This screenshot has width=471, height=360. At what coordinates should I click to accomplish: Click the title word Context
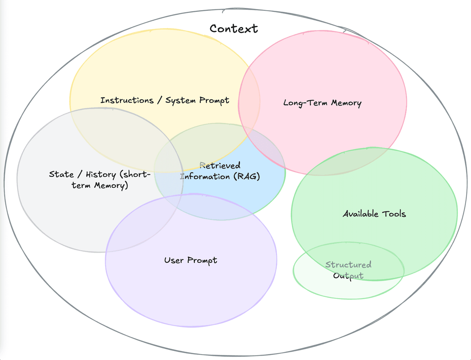coord(234,28)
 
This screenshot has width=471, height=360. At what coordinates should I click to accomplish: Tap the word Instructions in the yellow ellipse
coord(127,100)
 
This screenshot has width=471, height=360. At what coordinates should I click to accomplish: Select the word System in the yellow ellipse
coord(181,100)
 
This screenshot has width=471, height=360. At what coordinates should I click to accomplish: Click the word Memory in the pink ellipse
coord(346,103)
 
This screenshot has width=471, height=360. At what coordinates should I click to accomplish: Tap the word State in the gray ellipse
coord(61,174)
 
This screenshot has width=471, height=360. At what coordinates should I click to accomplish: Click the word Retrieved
coord(220,166)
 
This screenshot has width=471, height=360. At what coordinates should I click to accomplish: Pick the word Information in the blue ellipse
coord(205,176)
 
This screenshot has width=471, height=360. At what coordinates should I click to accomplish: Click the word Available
coord(360,214)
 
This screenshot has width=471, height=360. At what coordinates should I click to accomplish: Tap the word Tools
coord(394,214)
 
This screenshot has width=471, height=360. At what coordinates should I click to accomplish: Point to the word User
coord(174,260)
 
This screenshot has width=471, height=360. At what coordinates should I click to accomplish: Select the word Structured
coord(348,265)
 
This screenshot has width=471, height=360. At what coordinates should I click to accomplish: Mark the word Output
coord(348,276)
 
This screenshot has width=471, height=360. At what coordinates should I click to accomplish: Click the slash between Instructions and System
coord(159,100)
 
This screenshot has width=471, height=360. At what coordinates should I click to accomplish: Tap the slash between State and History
coord(79,175)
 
